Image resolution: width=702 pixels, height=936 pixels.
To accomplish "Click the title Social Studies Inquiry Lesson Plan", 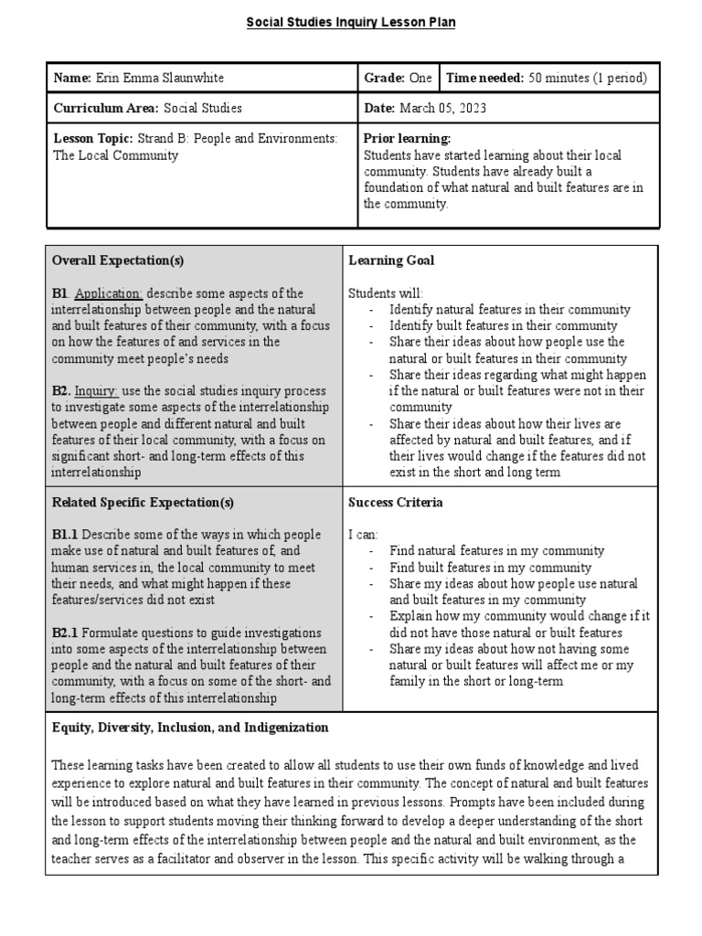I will pos(351,22).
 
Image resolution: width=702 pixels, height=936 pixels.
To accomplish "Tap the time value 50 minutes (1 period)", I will pos(586,79).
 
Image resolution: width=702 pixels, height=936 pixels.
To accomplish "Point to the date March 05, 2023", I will pos(443,108).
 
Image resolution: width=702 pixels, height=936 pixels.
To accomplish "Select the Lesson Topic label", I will pos(92,139).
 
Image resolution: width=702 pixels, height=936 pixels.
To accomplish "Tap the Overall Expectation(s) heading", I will pos(118,261).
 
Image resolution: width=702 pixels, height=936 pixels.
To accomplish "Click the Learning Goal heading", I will pos(391,261).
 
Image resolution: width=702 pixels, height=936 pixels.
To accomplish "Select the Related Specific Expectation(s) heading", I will pos(143,502).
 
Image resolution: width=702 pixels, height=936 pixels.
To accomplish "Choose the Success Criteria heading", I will pos(396,502).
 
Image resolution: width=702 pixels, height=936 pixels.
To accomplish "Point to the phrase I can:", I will pos(363,535).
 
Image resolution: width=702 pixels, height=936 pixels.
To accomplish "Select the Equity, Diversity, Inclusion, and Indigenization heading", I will pos(190,728).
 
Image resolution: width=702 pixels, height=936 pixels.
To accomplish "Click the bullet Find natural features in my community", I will pos(496,550).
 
